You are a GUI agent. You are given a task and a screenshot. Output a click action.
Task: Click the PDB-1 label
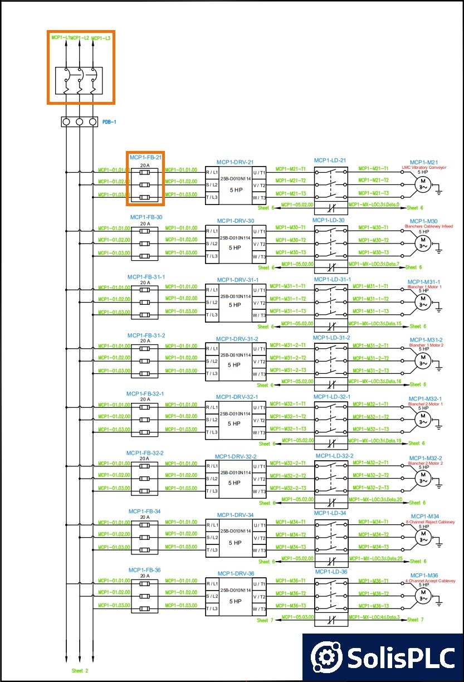coord(109,121)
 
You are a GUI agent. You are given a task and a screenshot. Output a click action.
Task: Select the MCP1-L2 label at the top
coord(80,38)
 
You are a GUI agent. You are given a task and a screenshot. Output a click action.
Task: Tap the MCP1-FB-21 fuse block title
coord(145,158)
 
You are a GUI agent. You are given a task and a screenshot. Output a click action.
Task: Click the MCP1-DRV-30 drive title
coord(236,221)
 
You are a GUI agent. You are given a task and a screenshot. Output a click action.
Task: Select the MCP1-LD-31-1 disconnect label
coord(333,280)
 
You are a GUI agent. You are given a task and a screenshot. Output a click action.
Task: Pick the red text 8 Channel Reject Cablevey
coord(431,522)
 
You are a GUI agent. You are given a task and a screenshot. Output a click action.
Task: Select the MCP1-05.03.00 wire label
coord(297,617)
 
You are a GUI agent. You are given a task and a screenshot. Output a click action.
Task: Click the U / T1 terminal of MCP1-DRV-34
coord(259,525)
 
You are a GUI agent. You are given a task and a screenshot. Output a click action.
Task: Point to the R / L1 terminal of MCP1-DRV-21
coord(212,172)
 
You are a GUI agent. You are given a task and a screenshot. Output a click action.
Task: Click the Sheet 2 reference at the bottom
coord(80,671)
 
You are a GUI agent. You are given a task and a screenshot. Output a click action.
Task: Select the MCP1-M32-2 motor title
coord(425,458)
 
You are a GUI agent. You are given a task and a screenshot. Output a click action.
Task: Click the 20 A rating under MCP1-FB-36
coord(145,576)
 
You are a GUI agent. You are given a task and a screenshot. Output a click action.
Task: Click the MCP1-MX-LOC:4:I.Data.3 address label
coord(374,617)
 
